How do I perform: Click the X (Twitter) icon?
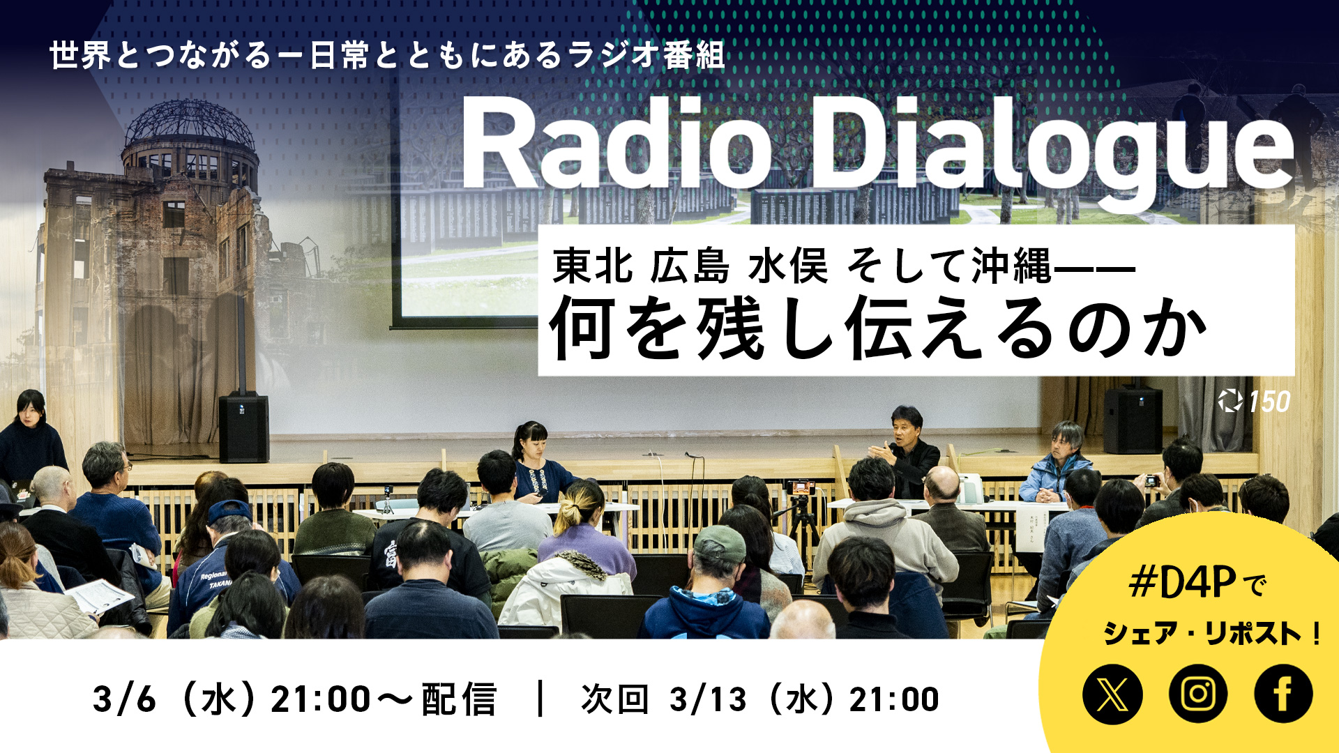click(x=1112, y=694)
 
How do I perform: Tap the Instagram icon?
click(x=1198, y=694)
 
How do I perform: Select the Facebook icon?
click(x=1283, y=694)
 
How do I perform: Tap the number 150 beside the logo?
click(x=1269, y=402)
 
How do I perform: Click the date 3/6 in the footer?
click(x=124, y=699)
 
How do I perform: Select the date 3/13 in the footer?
click(x=708, y=699)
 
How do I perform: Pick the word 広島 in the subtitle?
click(x=689, y=266)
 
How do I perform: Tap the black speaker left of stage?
click(x=243, y=427)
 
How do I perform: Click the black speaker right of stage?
click(x=1133, y=420)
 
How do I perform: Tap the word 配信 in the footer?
click(x=459, y=699)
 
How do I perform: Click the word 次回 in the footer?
click(x=614, y=699)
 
